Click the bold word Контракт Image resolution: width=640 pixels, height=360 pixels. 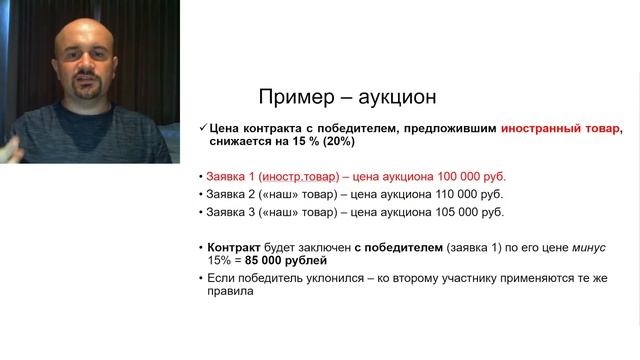[235, 246]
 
